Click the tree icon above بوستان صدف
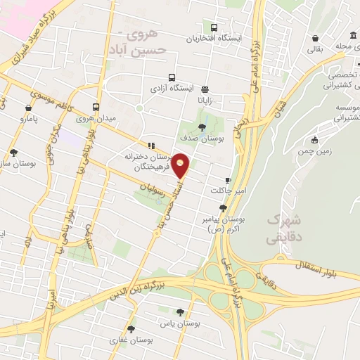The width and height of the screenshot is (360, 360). coord(202,127)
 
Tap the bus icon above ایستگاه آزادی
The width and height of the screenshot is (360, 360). coord(172,78)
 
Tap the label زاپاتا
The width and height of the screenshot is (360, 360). coord(205,101)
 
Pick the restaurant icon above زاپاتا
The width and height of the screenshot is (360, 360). coord(205,89)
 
